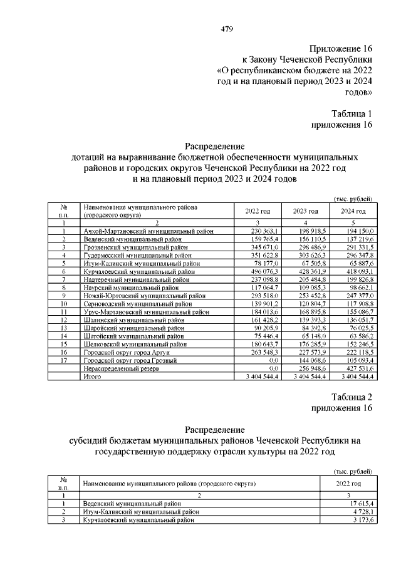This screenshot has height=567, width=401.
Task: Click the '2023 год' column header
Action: point(305,211)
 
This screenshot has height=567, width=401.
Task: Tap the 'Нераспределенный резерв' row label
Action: point(121,370)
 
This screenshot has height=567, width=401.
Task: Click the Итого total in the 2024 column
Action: point(355,377)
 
